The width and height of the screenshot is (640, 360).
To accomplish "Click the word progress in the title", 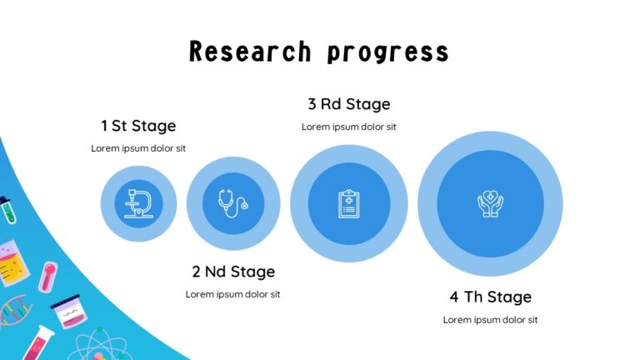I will [x=387, y=52].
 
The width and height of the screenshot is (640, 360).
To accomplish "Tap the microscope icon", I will [x=138, y=204].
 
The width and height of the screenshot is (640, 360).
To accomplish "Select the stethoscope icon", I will [x=232, y=203].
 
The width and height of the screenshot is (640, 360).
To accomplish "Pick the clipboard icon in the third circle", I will [x=348, y=203].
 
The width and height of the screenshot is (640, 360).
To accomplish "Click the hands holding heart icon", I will [x=490, y=204].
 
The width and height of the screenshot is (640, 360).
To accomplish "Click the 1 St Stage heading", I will [x=138, y=126].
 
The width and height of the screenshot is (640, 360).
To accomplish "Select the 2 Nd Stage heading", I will [x=233, y=272].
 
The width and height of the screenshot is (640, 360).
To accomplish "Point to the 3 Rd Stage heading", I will [x=348, y=104].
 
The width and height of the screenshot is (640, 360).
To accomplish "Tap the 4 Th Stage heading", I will [x=490, y=297].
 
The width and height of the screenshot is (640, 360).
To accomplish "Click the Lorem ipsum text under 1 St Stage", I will [x=138, y=148].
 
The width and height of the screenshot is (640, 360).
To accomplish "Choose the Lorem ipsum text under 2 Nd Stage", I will [x=233, y=294].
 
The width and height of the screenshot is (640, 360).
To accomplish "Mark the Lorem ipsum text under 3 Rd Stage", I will [x=348, y=127].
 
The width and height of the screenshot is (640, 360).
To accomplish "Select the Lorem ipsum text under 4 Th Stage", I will [x=490, y=320].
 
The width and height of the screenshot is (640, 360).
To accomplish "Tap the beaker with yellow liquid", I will [x=12, y=265].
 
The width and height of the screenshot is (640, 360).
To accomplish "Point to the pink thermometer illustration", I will [x=48, y=275].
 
